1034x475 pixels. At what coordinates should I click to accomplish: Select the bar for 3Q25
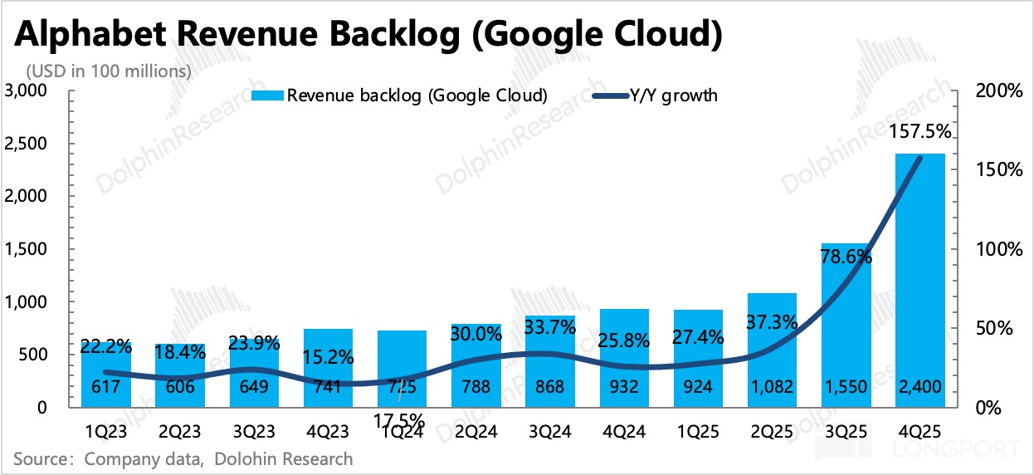pos(846,332)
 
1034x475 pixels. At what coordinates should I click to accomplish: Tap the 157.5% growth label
pos(919,132)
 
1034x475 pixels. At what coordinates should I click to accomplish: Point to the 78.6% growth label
pos(846,257)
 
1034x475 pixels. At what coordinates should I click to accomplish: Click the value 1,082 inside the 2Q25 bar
pos(773,387)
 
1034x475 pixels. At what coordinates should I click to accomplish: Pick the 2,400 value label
pos(920,387)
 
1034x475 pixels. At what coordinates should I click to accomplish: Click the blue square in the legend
pos(275,95)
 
